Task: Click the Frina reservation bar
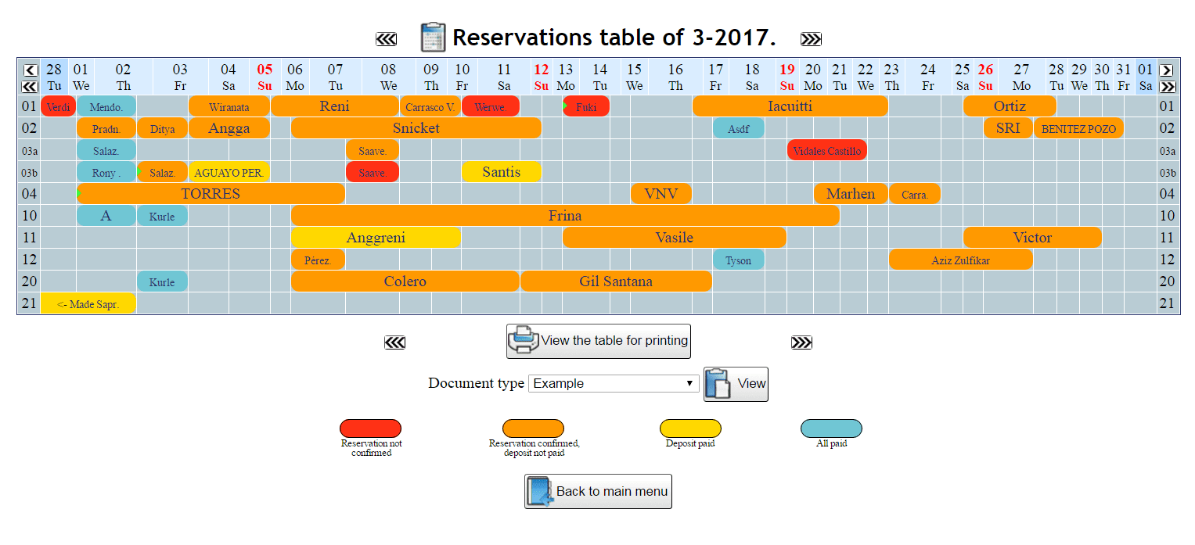click(x=565, y=216)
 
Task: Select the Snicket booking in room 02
click(x=416, y=128)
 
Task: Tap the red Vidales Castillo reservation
click(x=826, y=150)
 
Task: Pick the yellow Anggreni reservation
click(x=376, y=238)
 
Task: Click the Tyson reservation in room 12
click(x=738, y=260)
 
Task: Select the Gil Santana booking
click(x=616, y=281)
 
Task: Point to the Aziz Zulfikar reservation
click(x=960, y=260)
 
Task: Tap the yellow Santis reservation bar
click(x=501, y=172)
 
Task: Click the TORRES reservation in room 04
click(x=211, y=194)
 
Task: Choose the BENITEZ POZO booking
click(x=1078, y=128)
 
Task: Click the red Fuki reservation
click(x=586, y=106)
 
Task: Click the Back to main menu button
click(x=598, y=492)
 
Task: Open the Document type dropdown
click(x=614, y=383)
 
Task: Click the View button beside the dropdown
click(x=736, y=384)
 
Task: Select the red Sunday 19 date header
click(x=787, y=77)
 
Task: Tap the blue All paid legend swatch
click(x=831, y=428)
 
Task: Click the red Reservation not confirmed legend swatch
click(x=370, y=428)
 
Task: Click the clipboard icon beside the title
click(x=433, y=38)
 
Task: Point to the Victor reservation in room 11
click(x=1032, y=238)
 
